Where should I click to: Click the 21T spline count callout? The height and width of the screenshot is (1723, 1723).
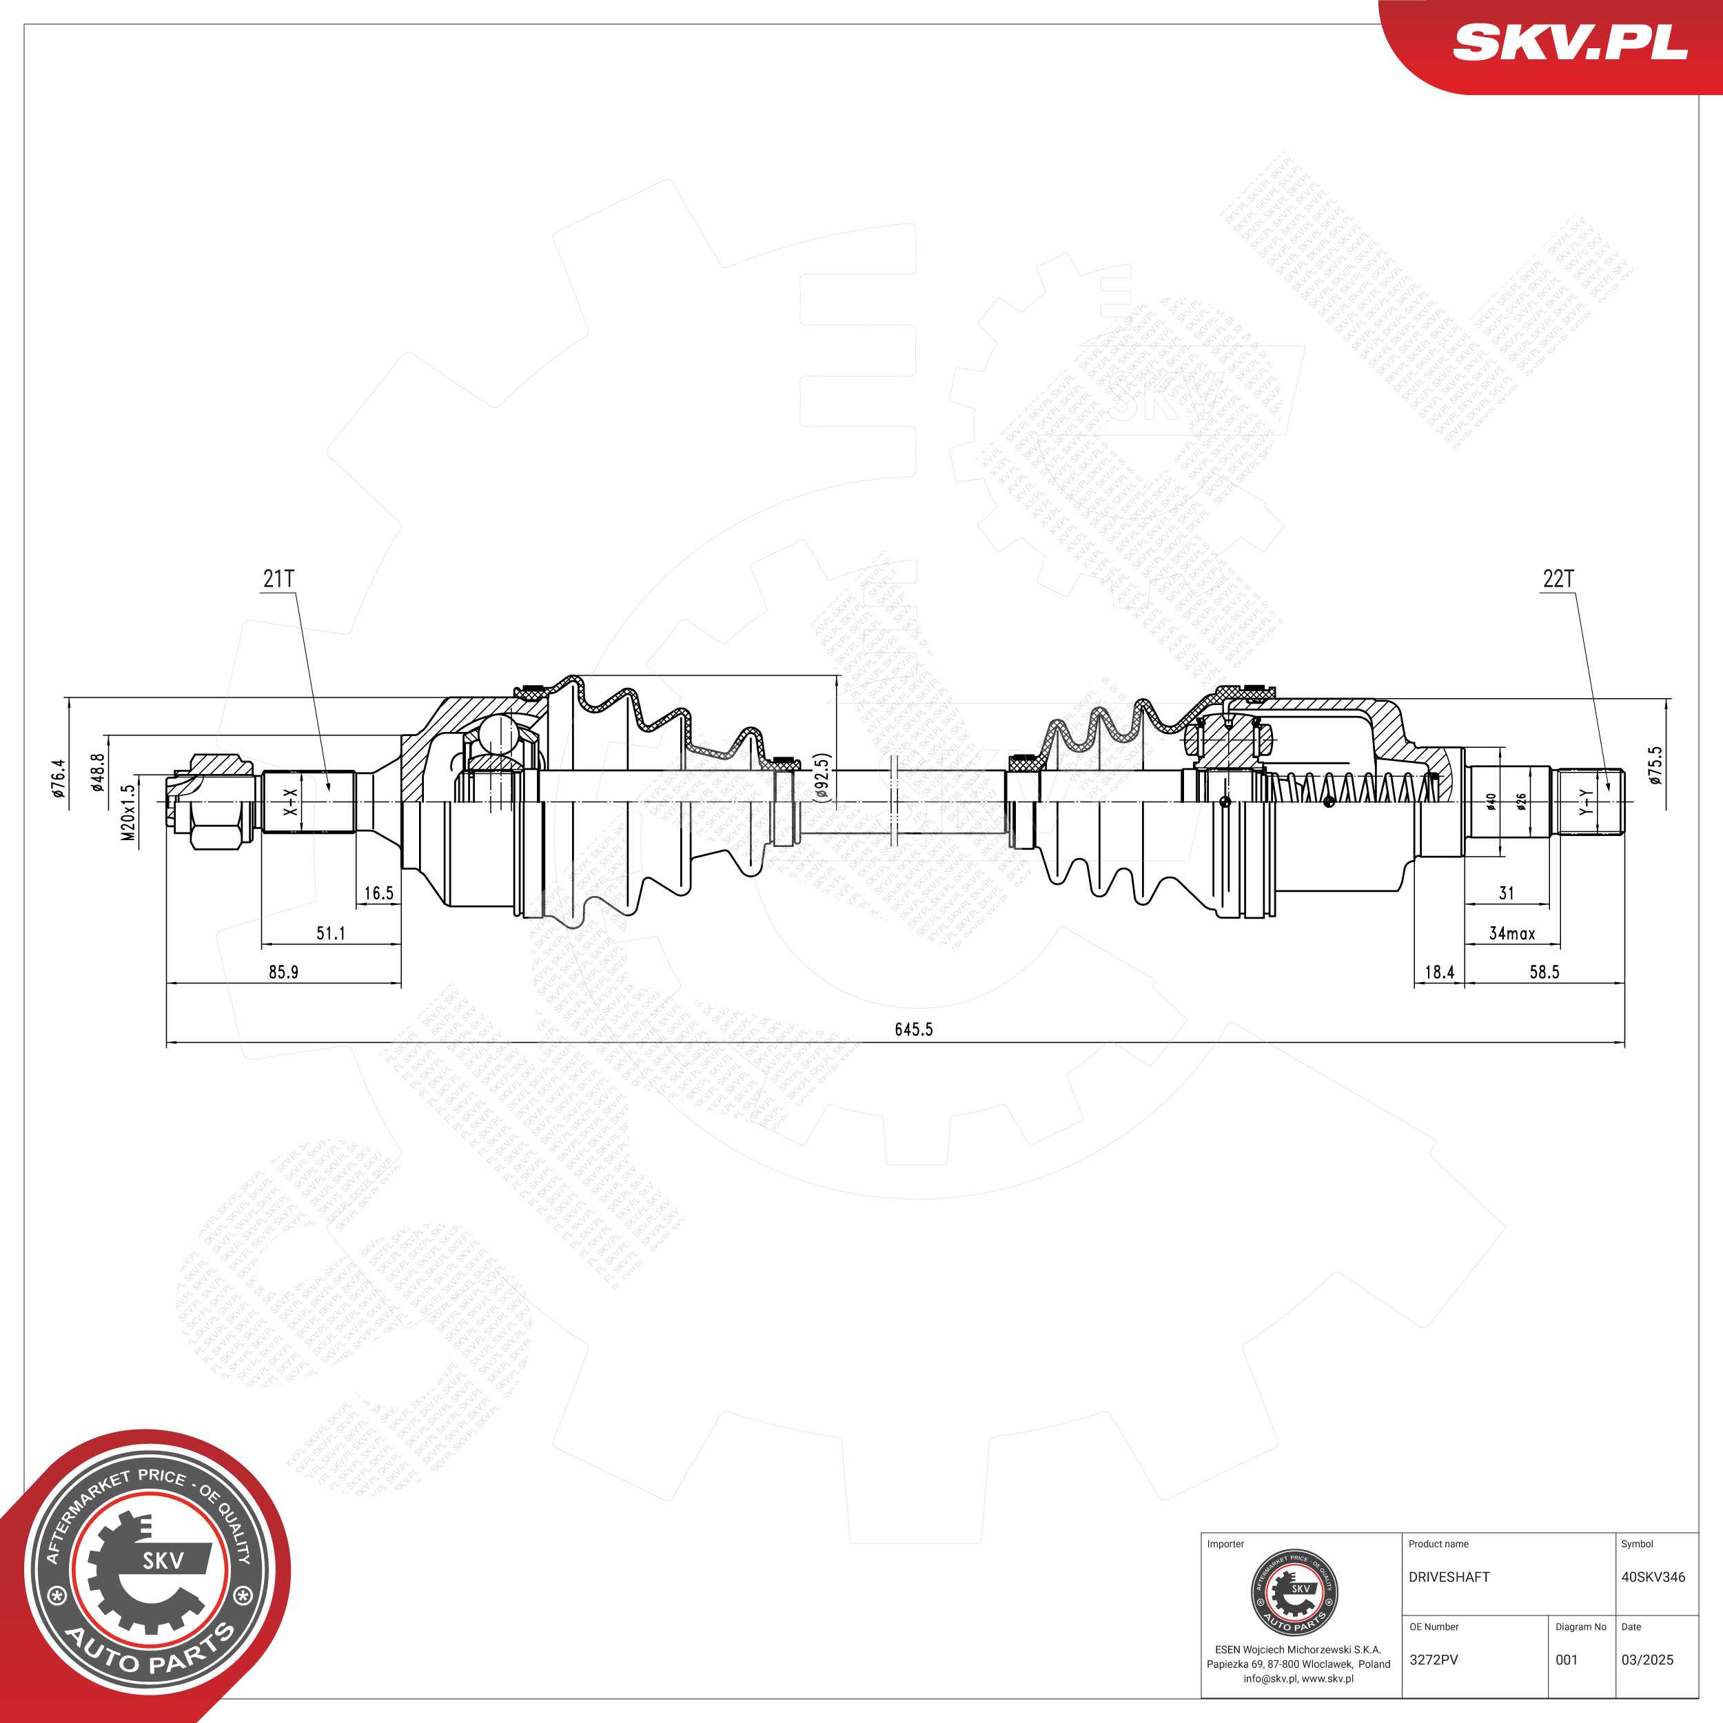(278, 579)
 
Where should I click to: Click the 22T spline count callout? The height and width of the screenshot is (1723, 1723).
(1558, 579)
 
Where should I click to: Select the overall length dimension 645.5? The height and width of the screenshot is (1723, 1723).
(913, 1029)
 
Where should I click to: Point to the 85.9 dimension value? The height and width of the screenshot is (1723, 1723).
(283, 972)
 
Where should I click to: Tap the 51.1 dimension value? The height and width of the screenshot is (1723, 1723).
(331, 933)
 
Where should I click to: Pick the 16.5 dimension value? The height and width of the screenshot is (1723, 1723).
(378, 893)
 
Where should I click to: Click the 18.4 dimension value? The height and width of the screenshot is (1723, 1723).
(1440, 972)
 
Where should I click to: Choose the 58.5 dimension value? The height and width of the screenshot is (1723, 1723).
(1544, 972)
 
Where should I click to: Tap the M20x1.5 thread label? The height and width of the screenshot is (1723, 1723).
(128, 813)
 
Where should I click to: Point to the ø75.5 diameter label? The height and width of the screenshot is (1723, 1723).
(1655, 765)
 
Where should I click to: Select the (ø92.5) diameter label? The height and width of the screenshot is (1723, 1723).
(822, 777)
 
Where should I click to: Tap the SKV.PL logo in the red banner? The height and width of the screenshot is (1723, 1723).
(1571, 42)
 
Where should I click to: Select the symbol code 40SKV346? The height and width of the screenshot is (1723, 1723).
(1653, 1577)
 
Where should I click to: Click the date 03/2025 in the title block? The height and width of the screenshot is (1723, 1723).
(1647, 1660)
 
